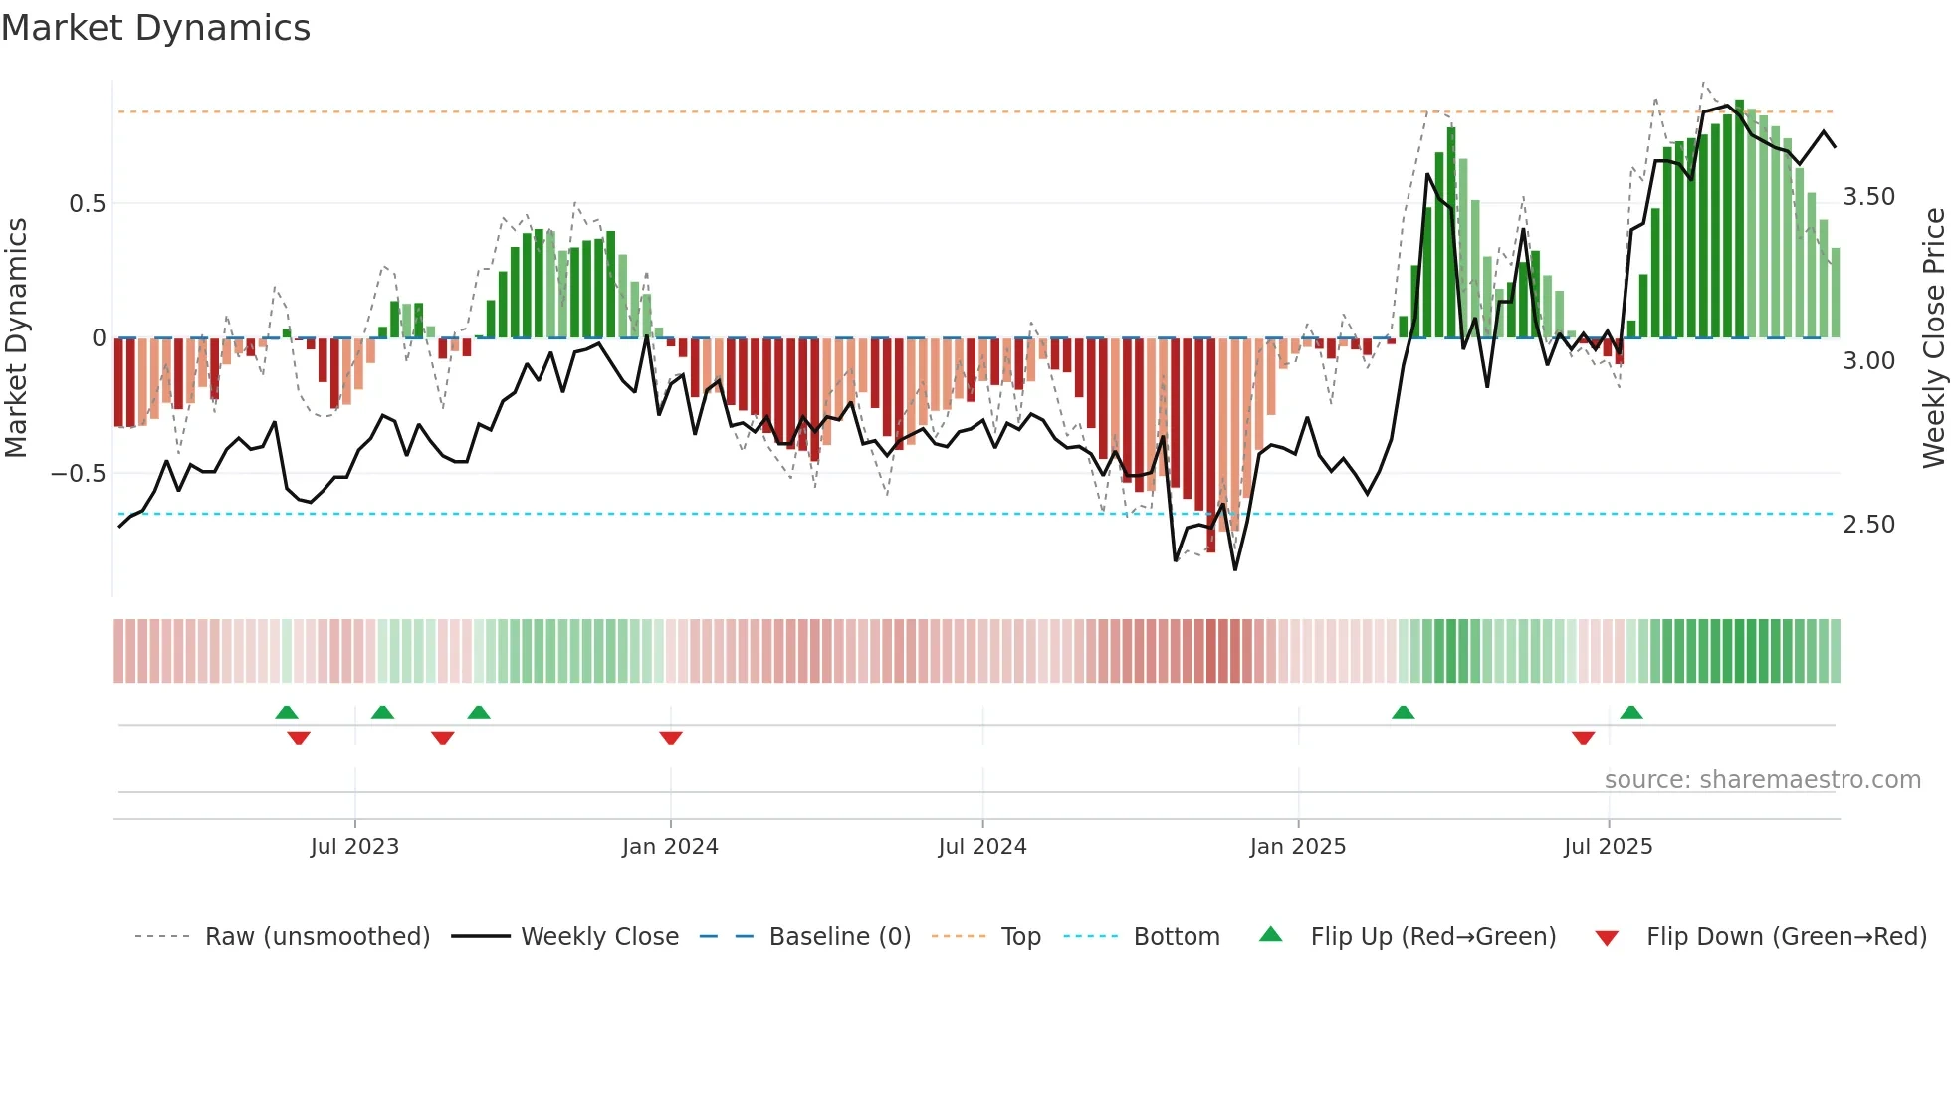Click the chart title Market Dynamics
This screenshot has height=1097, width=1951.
(156, 28)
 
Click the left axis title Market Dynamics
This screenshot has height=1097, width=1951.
(17, 338)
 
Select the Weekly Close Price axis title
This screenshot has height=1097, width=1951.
(1933, 338)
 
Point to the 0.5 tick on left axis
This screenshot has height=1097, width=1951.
(87, 204)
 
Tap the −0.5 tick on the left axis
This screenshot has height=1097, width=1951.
(79, 474)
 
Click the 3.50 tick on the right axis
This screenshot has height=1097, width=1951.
(1868, 197)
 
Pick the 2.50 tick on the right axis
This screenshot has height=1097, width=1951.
(1868, 525)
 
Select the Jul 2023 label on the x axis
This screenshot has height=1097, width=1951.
(354, 847)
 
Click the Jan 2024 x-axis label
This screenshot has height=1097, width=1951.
(670, 847)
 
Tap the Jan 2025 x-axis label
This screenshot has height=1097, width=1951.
(1297, 847)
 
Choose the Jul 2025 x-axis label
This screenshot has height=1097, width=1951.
(1608, 847)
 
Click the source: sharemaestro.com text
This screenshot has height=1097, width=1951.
(1762, 780)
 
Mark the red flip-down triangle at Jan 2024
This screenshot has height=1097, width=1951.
(671, 738)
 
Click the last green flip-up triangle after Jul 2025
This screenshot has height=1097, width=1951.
(1630, 712)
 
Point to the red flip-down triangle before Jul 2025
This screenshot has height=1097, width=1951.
(1583, 738)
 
